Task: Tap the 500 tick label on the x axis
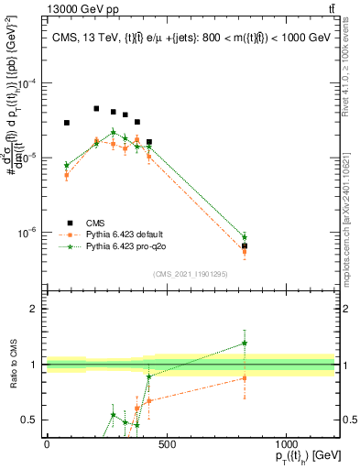click(x=166, y=444)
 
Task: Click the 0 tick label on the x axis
click(x=47, y=444)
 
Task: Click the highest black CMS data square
click(x=96, y=108)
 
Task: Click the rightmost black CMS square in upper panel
click(x=245, y=246)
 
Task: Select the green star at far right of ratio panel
click(x=245, y=343)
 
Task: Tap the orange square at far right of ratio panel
click(x=245, y=377)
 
